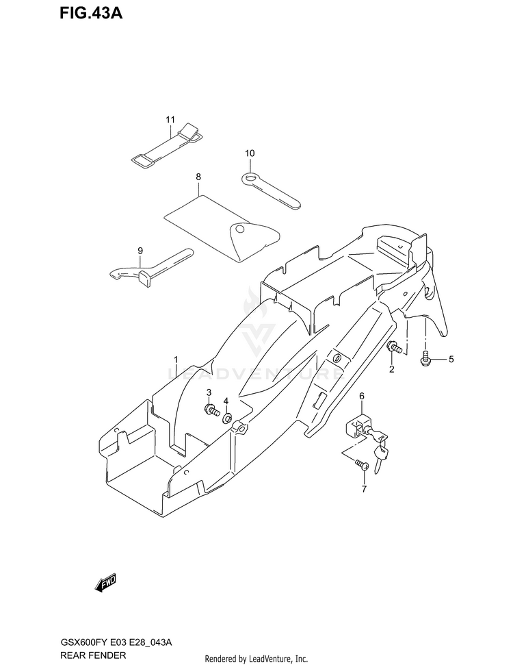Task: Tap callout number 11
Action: tap(170, 121)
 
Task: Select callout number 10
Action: tap(250, 153)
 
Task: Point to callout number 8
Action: tap(198, 177)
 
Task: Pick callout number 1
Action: tap(176, 360)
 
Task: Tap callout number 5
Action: tap(451, 359)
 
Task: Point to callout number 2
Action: tap(392, 370)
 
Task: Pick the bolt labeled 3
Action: tap(211, 411)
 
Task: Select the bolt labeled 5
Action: tap(425, 357)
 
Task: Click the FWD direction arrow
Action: tap(107, 583)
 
